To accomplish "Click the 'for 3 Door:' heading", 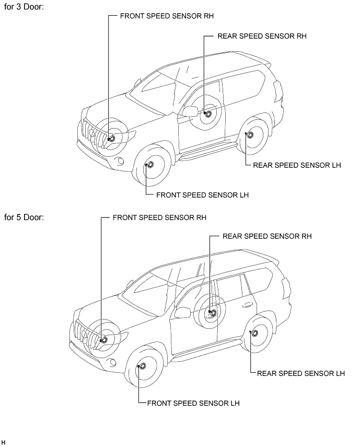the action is (24, 7).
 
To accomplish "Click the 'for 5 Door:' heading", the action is (24, 218).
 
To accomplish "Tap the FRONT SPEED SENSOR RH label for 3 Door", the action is (167, 16).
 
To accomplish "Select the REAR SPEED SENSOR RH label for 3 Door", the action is (262, 36).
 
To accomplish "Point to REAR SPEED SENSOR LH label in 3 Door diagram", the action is (297, 165).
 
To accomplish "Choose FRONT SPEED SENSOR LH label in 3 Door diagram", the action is (202, 195).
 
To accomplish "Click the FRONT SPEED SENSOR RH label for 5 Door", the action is (159, 218).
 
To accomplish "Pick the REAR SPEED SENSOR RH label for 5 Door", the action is (267, 236).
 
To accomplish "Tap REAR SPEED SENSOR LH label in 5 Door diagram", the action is (301, 373).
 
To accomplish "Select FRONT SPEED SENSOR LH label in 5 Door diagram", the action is (193, 403).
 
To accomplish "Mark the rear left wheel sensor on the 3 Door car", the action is (249, 134).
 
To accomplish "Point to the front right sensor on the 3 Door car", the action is (111, 139).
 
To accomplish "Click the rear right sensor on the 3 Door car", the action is (208, 114).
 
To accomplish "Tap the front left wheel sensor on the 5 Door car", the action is (142, 366).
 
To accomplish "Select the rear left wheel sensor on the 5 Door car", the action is (254, 334).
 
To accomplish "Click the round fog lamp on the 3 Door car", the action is (121, 161).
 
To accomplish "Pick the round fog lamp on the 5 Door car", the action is (113, 362).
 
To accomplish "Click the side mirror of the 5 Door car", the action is (182, 312).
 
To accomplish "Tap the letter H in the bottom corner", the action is (3, 442).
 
